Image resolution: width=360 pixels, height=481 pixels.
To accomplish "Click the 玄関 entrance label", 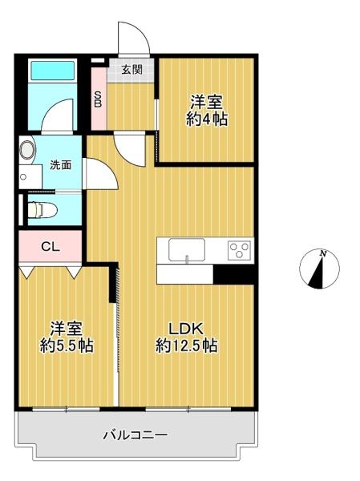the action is point(132,70).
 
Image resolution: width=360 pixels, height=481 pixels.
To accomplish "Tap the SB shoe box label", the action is point(98,99).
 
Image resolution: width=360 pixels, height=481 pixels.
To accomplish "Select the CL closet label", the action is point(51,246).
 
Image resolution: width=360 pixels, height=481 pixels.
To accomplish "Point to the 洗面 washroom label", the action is point(61,165).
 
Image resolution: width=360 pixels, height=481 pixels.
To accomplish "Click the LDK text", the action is point(186,329).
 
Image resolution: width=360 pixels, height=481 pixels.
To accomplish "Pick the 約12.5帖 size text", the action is point(187,346).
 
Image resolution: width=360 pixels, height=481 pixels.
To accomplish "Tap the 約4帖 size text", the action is point(207,119).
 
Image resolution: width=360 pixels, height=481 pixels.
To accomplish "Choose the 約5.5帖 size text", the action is point(67,346).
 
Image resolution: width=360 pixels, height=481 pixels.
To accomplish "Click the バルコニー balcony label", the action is point(136,435).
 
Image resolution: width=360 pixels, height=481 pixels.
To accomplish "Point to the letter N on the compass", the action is point(322,253).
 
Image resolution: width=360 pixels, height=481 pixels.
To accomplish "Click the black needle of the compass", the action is point(317,273).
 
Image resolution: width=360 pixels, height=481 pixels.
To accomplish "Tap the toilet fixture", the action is point(42,210).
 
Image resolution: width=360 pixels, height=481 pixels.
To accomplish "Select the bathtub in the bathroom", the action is point(53,71).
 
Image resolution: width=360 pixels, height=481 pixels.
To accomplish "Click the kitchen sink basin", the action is point(187,250).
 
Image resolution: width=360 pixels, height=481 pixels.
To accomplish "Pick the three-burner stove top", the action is point(239,251).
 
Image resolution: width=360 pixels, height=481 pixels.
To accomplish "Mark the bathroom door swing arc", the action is point(53,110).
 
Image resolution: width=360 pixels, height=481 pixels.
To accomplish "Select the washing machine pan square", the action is point(30,176).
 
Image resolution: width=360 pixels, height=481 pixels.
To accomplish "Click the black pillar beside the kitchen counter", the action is point(233,274).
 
